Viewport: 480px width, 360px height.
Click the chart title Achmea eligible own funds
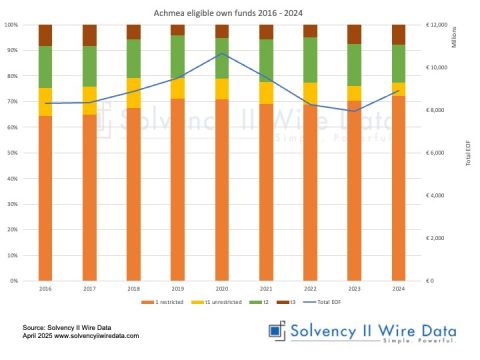pyautogui.click(x=239, y=10)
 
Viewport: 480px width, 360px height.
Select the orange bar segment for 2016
pyautogui.click(x=45, y=200)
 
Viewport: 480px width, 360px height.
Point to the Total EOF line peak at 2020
pyautogui.click(x=221, y=52)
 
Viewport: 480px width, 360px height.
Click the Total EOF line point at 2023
pyautogui.click(x=353, y=111)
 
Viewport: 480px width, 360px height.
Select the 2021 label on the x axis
pyautogui.click(x=265, y=287)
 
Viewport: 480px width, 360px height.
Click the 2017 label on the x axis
pyautogui.click(x=89, y=287)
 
